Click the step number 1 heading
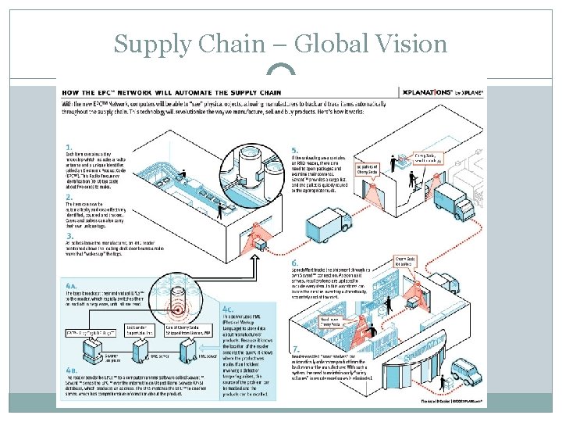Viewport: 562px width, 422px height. click(69, 146)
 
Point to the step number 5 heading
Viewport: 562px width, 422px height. click(294, 150)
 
